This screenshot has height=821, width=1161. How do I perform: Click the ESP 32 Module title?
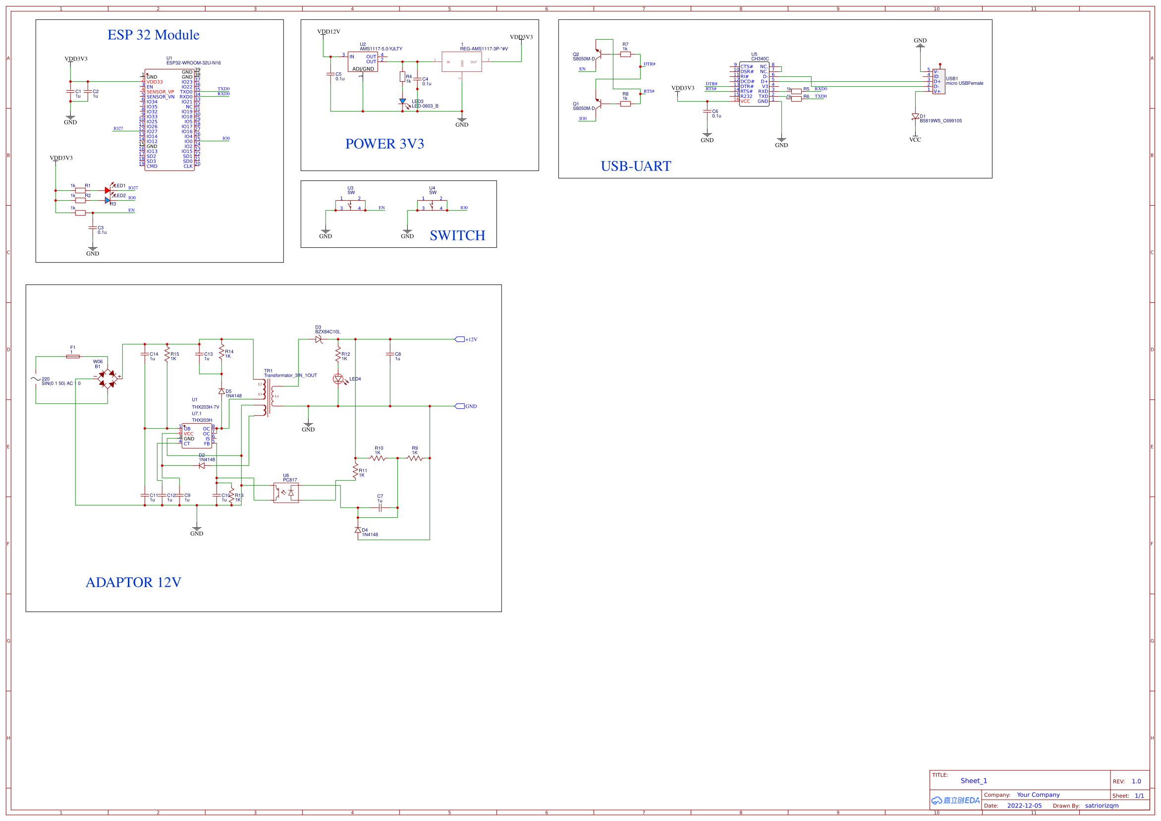pos(153,35)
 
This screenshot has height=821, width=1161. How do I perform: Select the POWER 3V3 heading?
pos(385,144)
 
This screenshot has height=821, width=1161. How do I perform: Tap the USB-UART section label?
pos(636,166)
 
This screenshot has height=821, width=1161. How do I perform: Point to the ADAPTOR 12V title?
pos(133,582)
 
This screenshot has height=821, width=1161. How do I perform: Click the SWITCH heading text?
pos(457,235)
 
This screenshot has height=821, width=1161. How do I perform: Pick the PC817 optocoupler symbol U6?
pos(286,493)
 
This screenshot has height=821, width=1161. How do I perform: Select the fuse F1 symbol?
pos(73,356)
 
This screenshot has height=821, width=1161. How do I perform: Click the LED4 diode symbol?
pos(338,379)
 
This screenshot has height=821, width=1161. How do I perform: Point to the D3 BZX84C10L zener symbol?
pos(319,339)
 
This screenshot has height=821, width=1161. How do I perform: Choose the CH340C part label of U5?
pos(760,59)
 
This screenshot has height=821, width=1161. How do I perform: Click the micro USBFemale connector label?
pos(964,83)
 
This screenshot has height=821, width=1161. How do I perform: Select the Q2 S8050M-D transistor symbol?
pos(598,54)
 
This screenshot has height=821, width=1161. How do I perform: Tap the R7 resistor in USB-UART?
pos(625,54)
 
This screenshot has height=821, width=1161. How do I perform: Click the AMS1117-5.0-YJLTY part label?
pos(381,49)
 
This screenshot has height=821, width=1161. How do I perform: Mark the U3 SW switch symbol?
pos(350,205)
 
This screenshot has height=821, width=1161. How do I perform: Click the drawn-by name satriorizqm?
pos(1102,806)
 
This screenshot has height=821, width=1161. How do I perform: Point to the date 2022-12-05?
pos(1024,806)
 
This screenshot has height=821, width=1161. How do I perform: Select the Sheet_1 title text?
pos(973,781)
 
